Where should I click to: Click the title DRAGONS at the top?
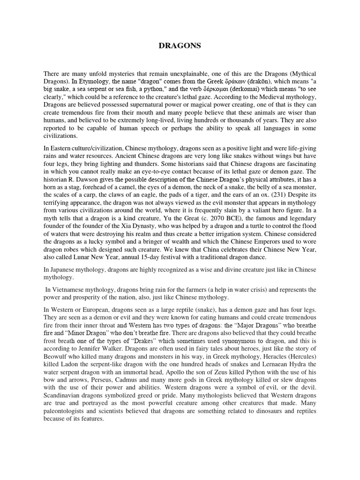tap(180, 45)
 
